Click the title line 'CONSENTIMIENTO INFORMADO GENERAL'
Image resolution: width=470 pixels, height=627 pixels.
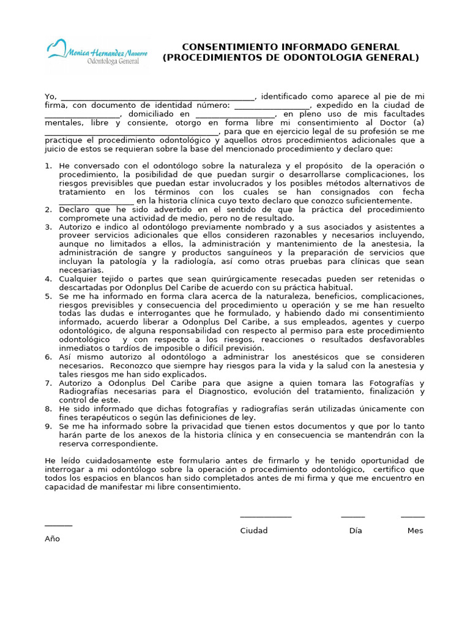coord(291,47)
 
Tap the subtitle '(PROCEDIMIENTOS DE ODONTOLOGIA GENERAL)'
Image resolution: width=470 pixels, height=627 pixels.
coord(291,58)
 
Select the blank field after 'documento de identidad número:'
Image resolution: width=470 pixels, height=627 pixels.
coord(272,107)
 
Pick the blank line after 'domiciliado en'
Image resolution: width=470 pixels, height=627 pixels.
coord(235,115)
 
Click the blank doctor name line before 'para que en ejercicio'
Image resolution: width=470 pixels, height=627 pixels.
coord(132,132)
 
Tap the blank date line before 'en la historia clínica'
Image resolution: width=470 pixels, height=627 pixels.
coord(96,201)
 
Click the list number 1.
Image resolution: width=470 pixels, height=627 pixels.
coord(48,167)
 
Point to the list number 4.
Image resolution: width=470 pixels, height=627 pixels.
coord(48,279)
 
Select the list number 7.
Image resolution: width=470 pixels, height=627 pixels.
coord(48,383)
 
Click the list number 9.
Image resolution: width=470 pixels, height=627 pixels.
coord(48,426)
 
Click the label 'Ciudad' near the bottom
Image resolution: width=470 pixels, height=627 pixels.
coord(253,531)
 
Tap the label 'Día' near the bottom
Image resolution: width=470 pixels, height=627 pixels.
coord(356,531)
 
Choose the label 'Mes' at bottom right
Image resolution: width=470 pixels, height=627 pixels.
coord(415,531)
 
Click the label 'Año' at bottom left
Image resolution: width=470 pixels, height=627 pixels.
coord(53,539)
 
